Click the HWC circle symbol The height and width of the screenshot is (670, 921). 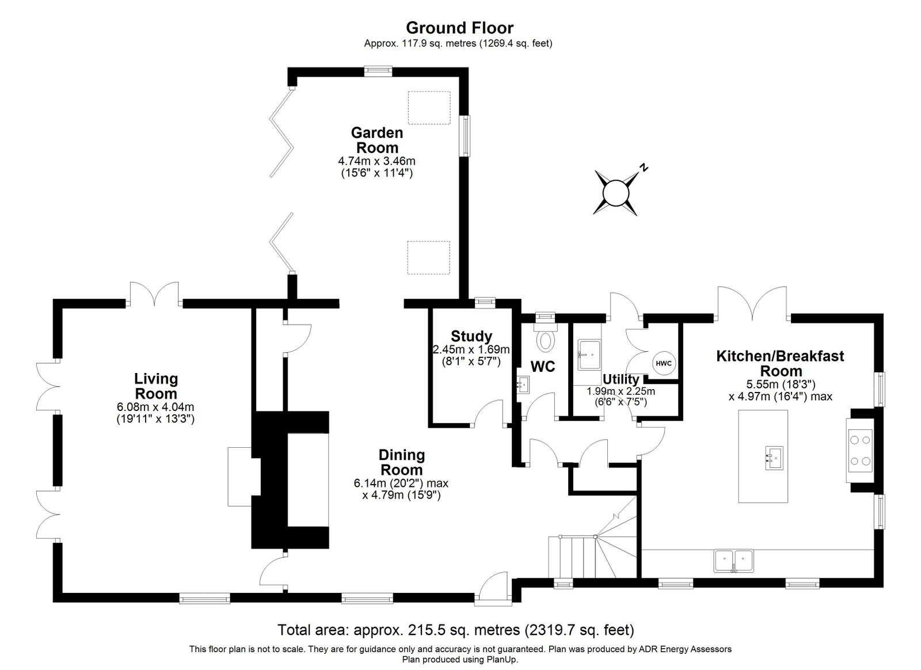click(x=664, y=363)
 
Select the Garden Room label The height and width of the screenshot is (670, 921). click(x=377, y=140)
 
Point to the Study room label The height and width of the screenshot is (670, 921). click(x=471, y=336)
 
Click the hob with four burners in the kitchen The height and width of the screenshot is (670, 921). click(x=860, y=451)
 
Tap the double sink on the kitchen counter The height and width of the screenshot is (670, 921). click(x=734, y=561)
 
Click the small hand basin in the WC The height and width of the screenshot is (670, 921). click(x=523, y=385)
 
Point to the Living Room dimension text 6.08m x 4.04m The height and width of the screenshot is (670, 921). click(x=155, y=407)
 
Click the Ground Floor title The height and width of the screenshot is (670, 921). click(x=460, y=28)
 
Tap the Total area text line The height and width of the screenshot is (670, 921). click(x=456, y=629)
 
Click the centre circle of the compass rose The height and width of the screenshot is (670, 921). click(x=615, y=193)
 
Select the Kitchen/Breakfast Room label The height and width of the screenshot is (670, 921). click(x=781, y=363)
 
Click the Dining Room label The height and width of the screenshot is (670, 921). click(x=401, y=462)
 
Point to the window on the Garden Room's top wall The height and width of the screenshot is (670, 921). click(x=378, y=71)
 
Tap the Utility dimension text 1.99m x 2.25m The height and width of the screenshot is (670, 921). click(x=621, y=391)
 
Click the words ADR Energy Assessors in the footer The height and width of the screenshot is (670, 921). click(x=684, y=649)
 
